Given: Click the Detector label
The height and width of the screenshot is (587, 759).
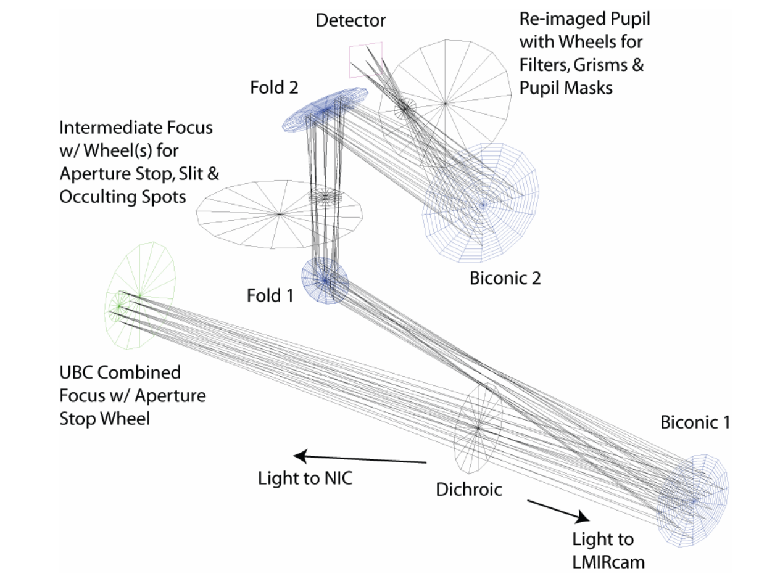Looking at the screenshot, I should coord(350,20).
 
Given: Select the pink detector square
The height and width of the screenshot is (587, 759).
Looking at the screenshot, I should coord(365,60).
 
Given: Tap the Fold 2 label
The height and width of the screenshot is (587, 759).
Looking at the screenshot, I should coord(274,88).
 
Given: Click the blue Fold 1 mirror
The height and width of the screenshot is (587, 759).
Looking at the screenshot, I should coord(325,279).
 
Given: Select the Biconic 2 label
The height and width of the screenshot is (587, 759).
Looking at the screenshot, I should coord(505,278).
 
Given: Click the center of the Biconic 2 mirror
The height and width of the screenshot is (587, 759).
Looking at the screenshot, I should coord(483,203).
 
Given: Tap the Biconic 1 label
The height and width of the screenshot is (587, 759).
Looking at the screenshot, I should coord(695,423).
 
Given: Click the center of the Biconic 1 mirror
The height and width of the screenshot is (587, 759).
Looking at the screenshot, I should coord(693,500).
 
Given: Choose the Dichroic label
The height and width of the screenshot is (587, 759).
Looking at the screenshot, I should coord(469,490).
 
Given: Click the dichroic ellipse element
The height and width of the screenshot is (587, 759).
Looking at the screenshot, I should coord(478,426).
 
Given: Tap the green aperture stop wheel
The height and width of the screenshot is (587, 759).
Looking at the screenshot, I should coord(140,296).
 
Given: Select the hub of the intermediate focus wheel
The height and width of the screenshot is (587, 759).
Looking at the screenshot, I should coord(280,214).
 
